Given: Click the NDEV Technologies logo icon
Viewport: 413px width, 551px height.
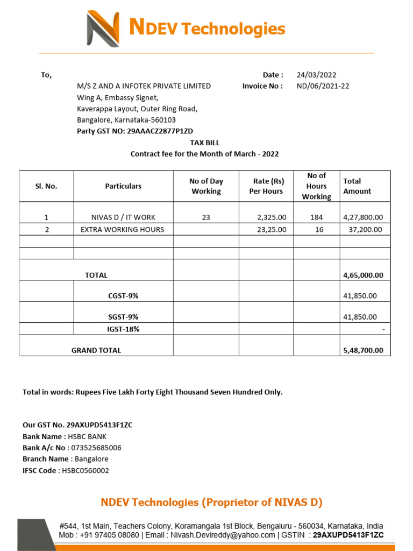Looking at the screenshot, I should pos(103,29).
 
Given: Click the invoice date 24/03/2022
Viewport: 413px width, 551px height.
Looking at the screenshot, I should pos(316,75).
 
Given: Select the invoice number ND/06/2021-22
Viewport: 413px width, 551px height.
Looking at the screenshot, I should pos(323,86).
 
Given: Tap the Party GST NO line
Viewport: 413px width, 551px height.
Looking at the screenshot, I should pos(134,131).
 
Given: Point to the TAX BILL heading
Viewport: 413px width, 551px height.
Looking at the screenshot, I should pos(205,143).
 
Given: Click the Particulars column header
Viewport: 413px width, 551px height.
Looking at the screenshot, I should pos(123,186).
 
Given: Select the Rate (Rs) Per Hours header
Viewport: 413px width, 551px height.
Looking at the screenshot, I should pos(266,186).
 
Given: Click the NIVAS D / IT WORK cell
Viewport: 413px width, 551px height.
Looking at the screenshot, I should pos(123,217).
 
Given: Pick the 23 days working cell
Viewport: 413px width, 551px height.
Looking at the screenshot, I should pos(206,217).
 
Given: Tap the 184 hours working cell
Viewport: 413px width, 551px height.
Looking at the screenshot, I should pos(316,217).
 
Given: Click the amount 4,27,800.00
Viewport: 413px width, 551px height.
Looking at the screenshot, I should pos(363,217).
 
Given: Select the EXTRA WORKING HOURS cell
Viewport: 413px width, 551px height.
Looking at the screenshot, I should pos(123,230).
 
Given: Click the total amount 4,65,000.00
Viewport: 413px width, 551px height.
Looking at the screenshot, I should pos(363,275).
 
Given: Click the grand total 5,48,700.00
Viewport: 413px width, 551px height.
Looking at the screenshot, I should pos(363,350).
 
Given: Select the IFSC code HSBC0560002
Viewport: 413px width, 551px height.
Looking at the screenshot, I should pos(85,470).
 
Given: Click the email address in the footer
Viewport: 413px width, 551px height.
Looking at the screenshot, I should pos(223,535).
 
